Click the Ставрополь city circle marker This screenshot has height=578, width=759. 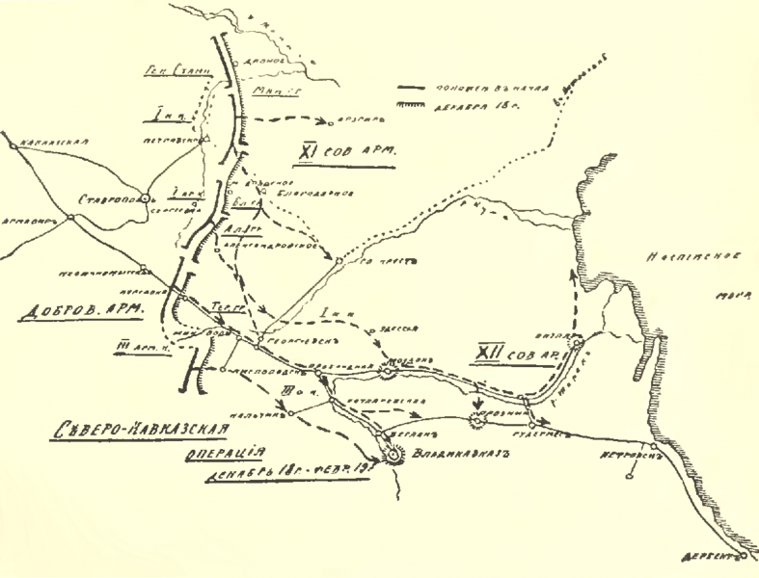(x=145, y=197)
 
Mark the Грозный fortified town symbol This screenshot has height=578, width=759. (x=477, y=418)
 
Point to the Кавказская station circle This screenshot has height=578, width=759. (x=12, y=143)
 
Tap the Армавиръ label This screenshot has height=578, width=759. (x=23, y=219)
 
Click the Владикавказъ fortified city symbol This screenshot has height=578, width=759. (x=394, y=459)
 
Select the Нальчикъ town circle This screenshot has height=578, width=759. (x=287, y=416)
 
